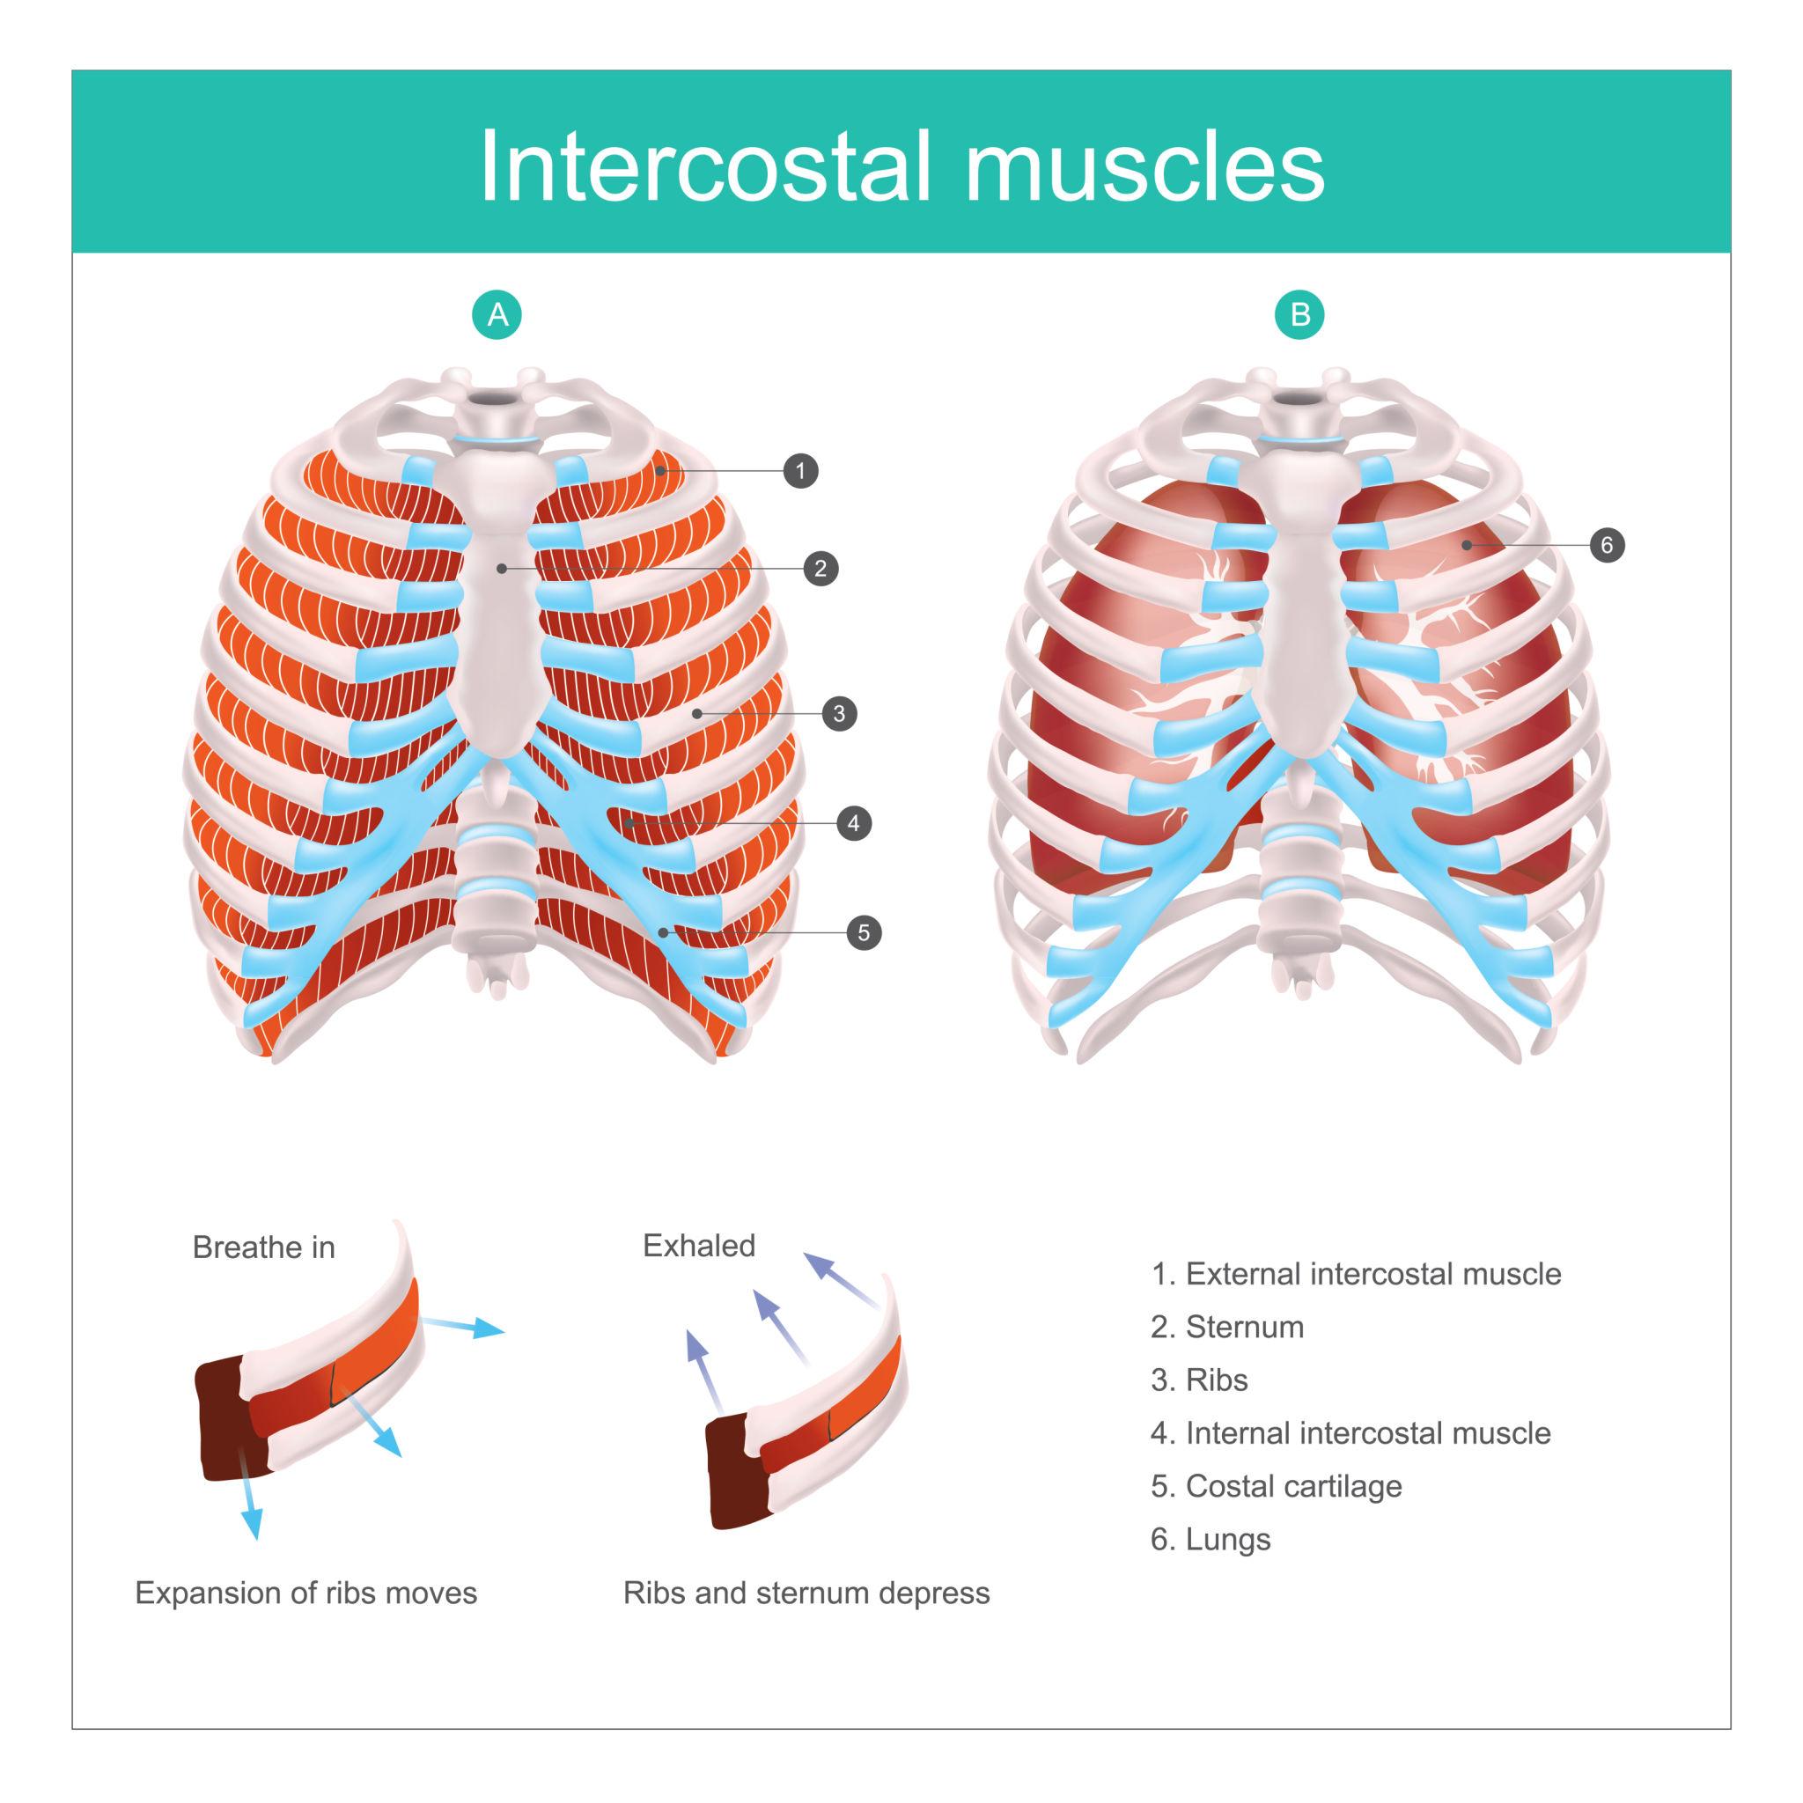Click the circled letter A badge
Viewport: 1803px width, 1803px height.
point(497,314)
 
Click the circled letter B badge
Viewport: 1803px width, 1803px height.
point(1300,314)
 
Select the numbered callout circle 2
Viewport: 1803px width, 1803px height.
point(821,569)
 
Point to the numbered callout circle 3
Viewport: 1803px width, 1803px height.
point(839,714)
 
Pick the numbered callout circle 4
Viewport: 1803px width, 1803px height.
point(853,823)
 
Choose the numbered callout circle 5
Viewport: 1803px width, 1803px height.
point(865,932)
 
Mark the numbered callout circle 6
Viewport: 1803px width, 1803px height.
point(1607,545)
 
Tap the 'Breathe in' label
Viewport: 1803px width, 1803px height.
point(263,1247)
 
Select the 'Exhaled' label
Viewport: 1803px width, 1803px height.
point(699,1246)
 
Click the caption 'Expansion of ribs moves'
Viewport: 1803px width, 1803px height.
point(306,1593)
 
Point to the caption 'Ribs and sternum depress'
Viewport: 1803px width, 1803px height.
point(806,1593)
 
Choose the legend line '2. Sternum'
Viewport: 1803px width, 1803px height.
point(1227,1327)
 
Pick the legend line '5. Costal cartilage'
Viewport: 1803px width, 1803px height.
point(1276,1486)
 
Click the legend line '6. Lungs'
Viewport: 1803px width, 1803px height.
point(1211,1539)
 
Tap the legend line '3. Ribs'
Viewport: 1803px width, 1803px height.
point(1199,1380)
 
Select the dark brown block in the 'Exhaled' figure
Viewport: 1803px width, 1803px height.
point(736,1474)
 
